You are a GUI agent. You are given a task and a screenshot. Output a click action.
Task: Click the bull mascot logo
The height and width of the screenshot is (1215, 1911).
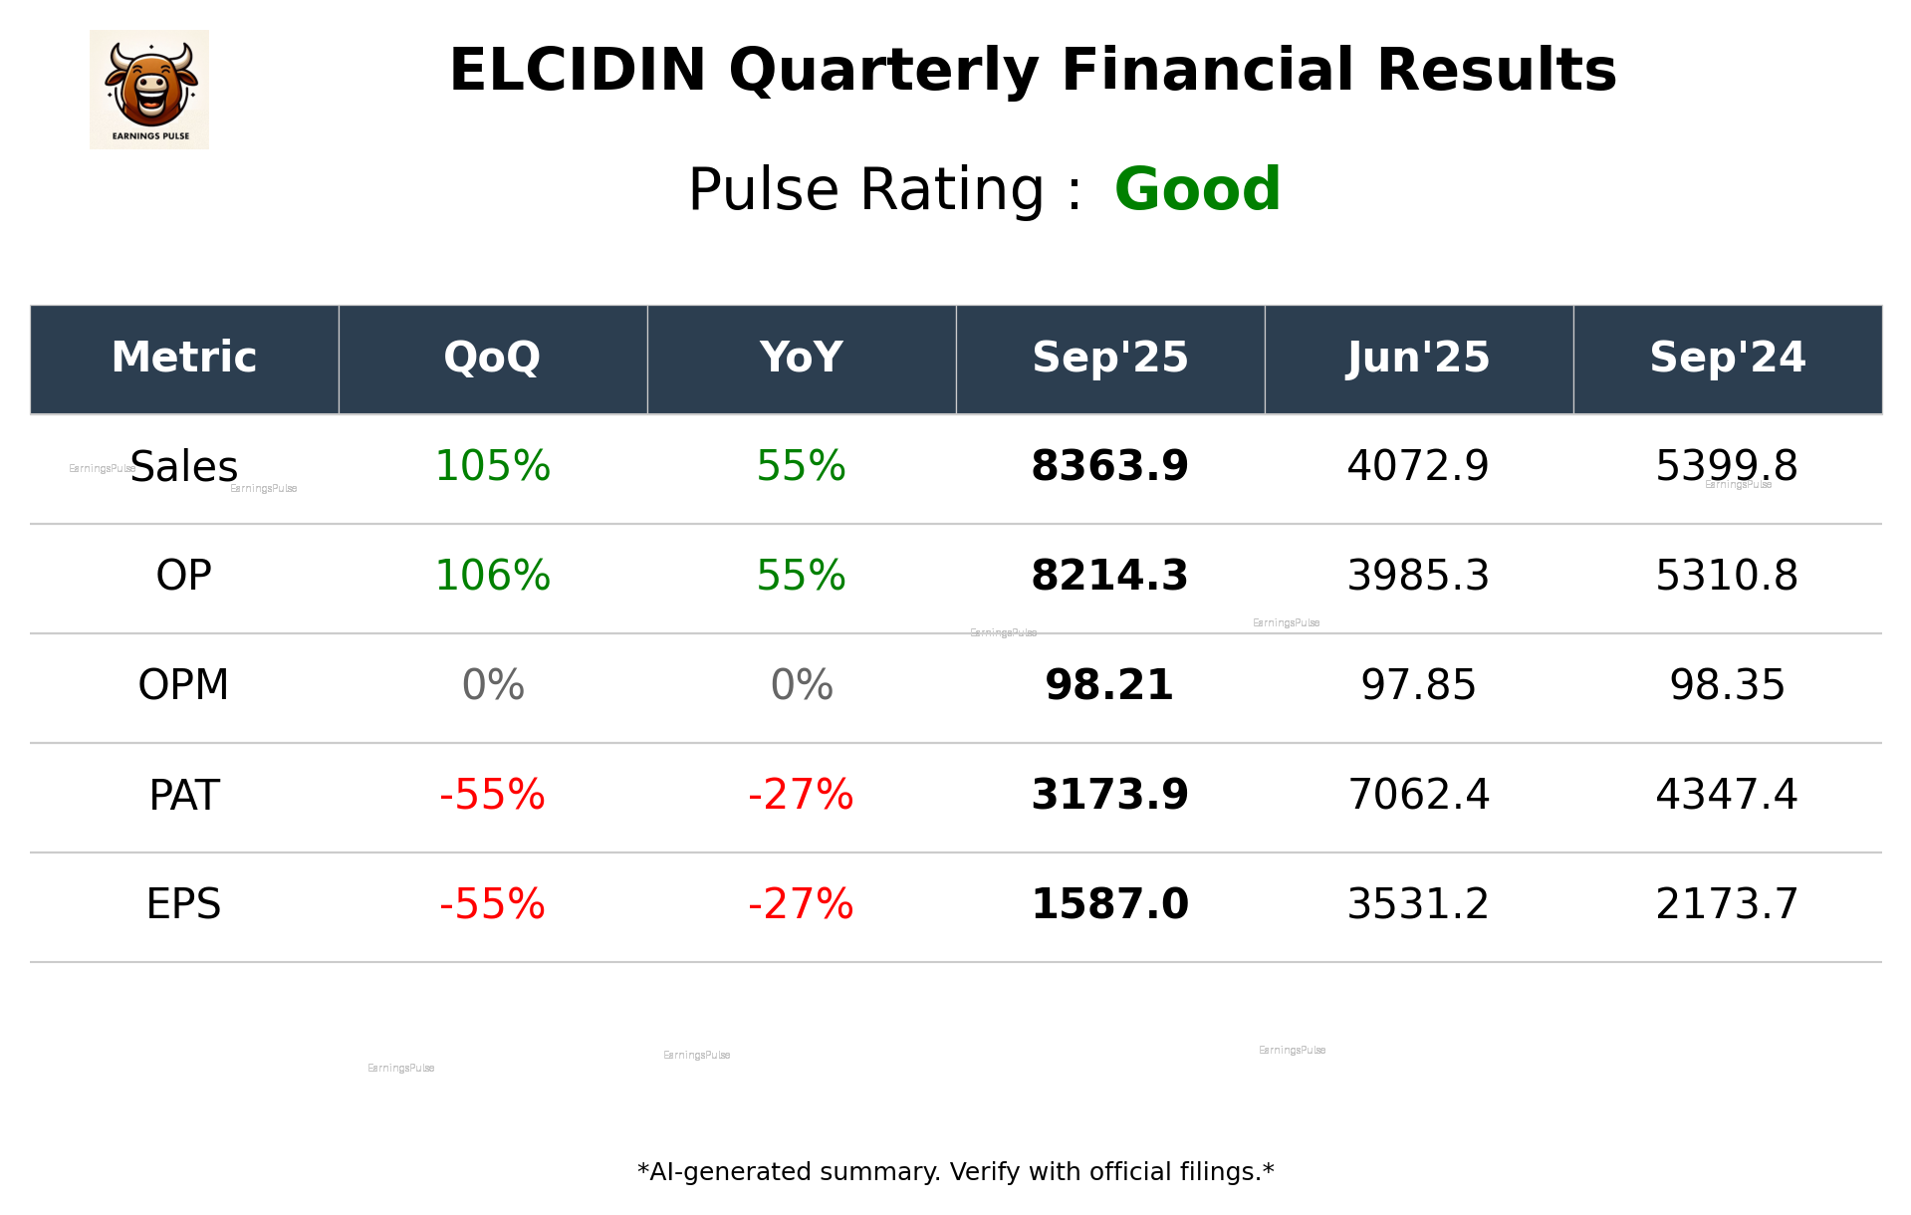pos(149,90)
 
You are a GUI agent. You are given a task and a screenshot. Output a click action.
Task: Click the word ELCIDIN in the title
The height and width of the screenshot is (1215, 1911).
pos(578,72)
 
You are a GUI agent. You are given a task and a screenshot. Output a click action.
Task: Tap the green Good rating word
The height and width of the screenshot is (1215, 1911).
pos(1197,189)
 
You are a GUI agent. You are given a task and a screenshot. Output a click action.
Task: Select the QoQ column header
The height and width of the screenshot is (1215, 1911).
pos(492,358)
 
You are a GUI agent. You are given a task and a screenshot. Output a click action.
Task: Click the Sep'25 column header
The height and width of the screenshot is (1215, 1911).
pos(1109,358)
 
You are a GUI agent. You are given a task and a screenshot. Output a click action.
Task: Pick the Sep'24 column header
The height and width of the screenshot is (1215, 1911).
pos(1727,358)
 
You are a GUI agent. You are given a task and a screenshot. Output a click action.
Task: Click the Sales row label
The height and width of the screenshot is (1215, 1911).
pos(184,467)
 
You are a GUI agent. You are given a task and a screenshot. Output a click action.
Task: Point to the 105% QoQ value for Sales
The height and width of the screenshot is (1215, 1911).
pos(492,467)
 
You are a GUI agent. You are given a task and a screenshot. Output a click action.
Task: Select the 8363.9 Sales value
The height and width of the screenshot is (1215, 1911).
pos(1109,467)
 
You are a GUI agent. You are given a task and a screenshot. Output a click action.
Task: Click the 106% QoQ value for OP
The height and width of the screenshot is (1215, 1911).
pos(492,577)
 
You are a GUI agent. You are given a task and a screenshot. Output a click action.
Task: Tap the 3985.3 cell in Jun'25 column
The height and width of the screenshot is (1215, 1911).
pos(1418,577)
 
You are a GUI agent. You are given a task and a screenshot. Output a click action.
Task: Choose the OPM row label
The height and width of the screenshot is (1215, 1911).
pos(184,686)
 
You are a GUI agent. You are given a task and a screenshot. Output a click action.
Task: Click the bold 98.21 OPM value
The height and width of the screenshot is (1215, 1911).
pos(1109,686)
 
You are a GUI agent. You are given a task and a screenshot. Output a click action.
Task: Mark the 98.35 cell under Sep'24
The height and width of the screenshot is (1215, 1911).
pos(1727,686)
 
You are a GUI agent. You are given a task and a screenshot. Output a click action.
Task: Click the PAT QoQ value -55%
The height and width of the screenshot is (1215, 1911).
pos(492,796)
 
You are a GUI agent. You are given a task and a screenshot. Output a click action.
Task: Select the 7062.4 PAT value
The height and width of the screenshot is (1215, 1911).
pos(1418,796)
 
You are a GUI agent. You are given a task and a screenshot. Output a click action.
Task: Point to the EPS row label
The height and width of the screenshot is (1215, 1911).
pos(184,905)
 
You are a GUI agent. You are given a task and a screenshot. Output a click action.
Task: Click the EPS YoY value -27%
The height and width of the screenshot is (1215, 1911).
pos(801,905)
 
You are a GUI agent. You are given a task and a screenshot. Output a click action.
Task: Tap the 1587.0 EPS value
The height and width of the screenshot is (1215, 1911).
pos(1109,905)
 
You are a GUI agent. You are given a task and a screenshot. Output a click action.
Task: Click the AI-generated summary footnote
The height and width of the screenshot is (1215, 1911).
pos(955,1172)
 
